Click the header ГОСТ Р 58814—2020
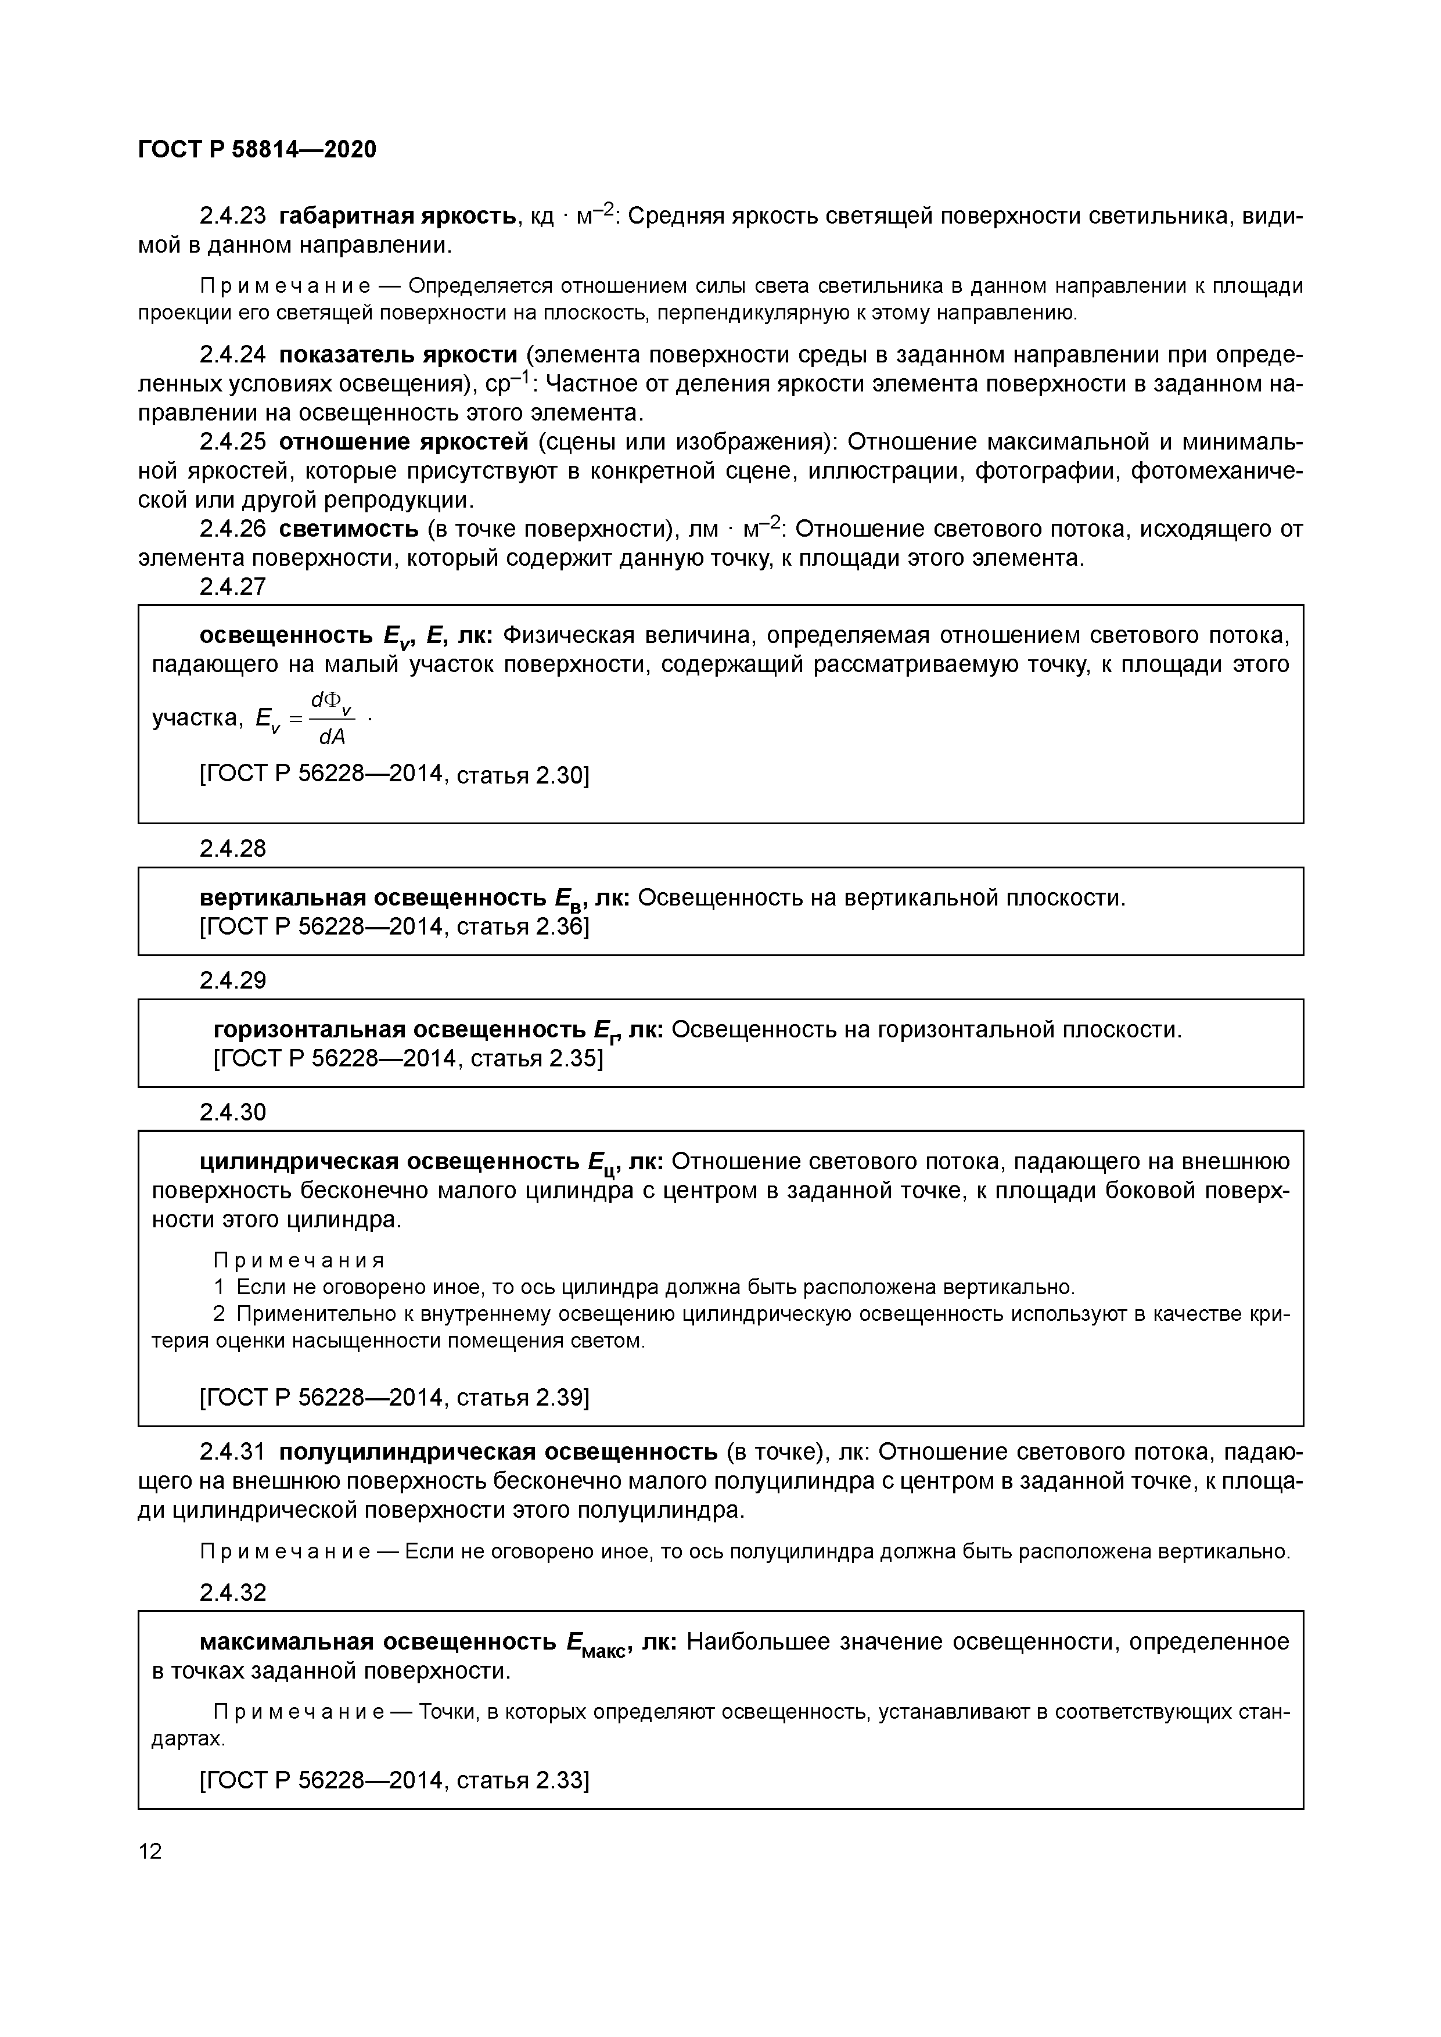point(257,149)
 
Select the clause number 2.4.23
point(232,215)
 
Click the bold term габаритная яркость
point(397,215)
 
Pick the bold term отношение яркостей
point(404,442)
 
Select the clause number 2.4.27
point(232,587)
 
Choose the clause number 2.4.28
point(232,849)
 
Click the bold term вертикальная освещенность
point(373,898)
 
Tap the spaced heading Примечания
point(299,1260)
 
